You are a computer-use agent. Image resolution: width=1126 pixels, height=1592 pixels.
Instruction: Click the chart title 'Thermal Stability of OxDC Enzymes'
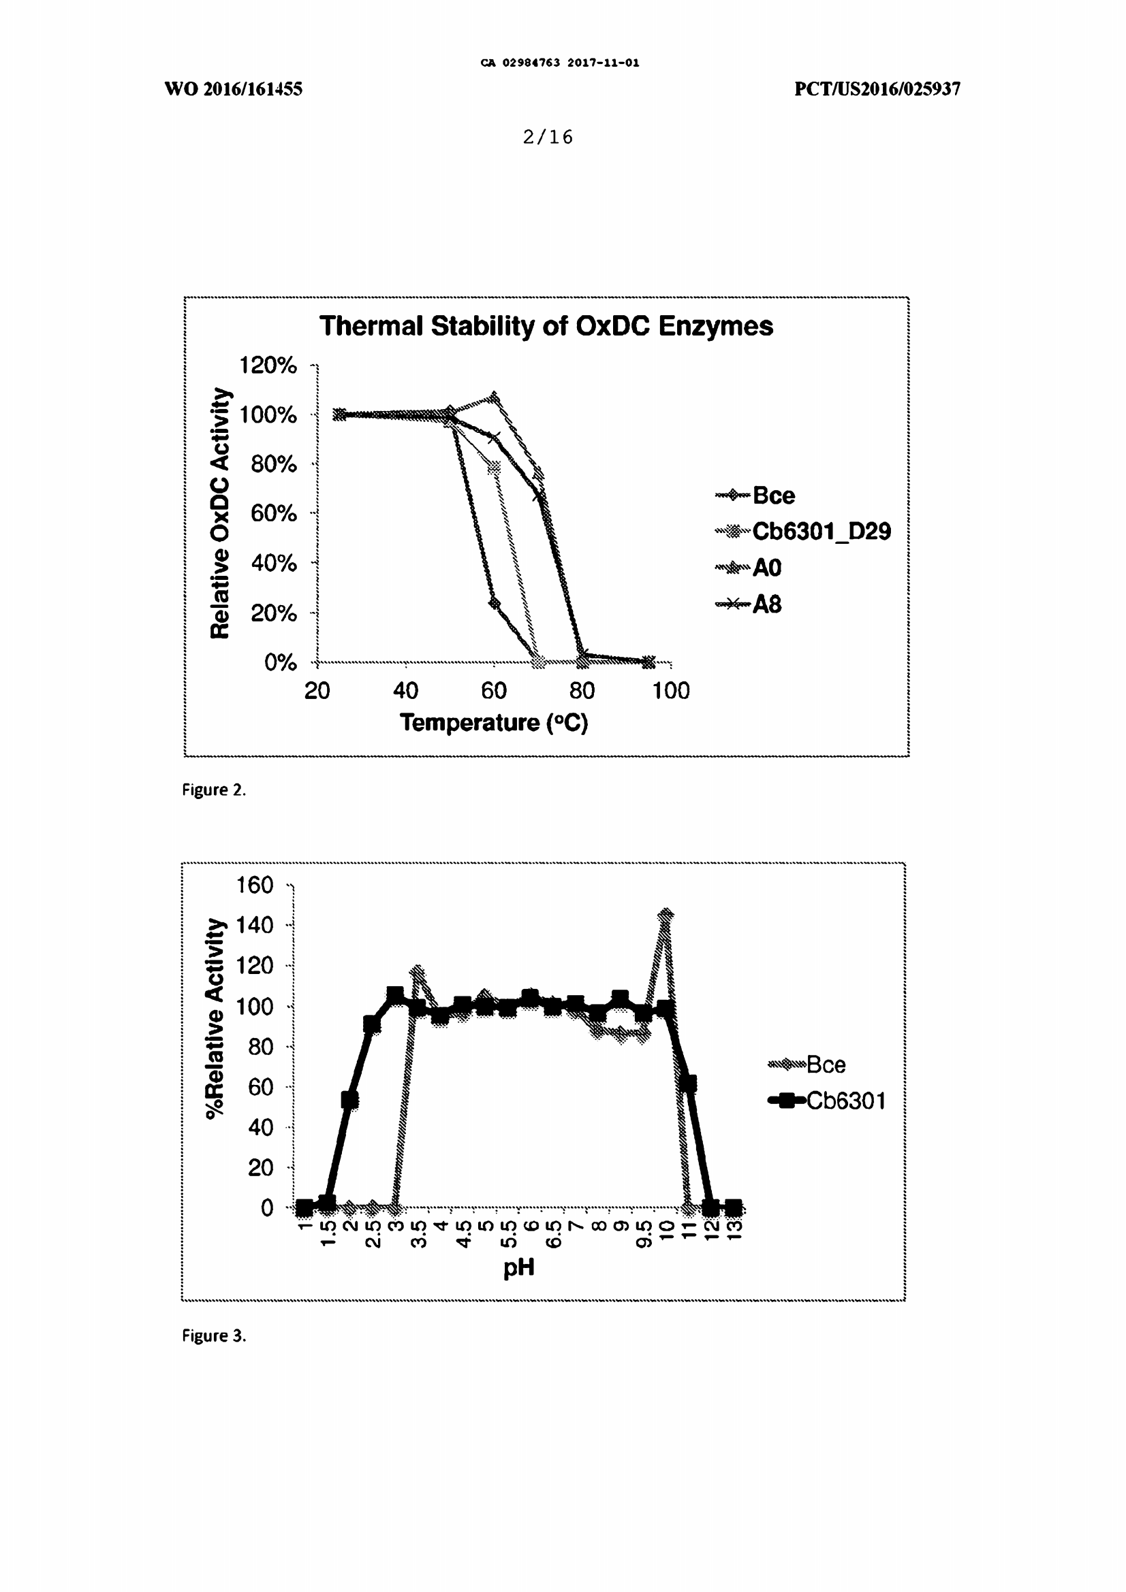[x=546, y=326]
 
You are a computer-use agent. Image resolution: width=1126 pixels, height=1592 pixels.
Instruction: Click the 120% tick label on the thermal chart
[x=268, y=365]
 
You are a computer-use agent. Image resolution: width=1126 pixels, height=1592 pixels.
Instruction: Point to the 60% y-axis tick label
[x=273, y=513]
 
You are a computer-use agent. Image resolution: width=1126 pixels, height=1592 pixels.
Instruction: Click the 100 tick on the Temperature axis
[x=670, y=691]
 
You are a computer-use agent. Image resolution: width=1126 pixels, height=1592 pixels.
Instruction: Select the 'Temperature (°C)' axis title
[x=493, y=723]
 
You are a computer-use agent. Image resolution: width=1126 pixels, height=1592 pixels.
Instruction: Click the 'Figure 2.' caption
[x=214, y=790]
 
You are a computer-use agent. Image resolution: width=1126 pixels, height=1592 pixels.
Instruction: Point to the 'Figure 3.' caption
[x=214, y=1335]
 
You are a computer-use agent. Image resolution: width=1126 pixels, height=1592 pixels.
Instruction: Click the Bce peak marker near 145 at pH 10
[x=666, y=915]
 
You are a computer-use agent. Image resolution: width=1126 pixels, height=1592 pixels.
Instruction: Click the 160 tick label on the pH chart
[x=255, y=886]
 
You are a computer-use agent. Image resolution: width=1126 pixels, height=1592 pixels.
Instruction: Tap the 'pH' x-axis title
[x=518, y=1268]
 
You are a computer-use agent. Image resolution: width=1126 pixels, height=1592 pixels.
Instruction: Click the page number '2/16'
[x=548, y=137]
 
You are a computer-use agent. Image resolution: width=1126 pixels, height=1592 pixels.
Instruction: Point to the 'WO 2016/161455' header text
[x=233, y=88]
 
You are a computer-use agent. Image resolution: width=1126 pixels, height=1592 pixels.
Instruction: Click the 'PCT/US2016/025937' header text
[x=877, y=88]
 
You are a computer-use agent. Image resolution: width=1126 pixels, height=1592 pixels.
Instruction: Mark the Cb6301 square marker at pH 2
[x=349, y=1100]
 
